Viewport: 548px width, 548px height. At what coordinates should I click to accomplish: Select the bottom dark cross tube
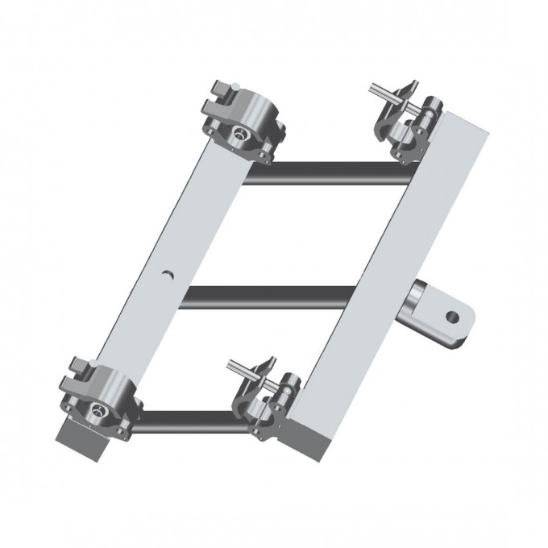click(x=189, y=421)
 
